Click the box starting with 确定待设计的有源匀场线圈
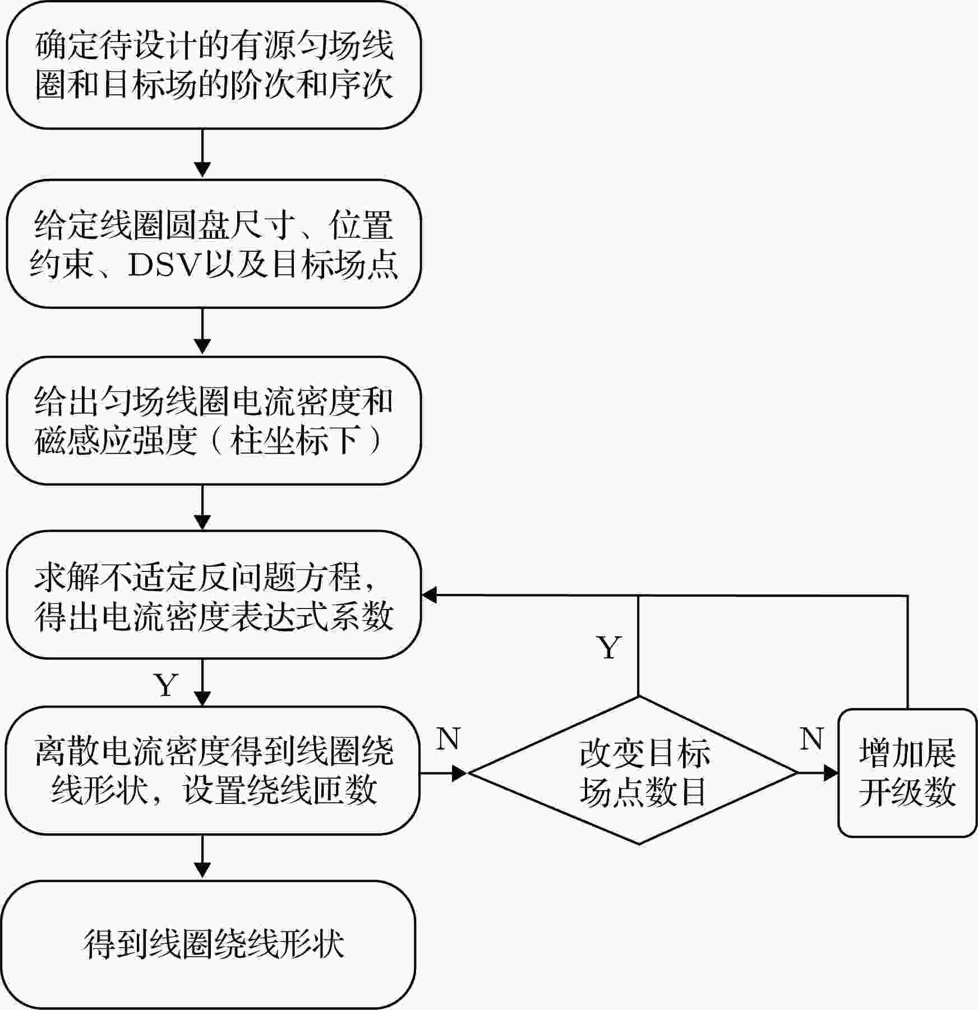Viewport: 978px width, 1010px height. pos(214,65)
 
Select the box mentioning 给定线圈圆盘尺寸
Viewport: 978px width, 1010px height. pos(214,244)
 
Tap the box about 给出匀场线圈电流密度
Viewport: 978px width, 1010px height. pos(214,421)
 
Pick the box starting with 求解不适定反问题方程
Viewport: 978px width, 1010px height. pos(214,595)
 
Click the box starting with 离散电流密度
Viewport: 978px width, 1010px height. pos(213,771)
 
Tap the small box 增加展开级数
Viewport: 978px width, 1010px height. pos(907,773)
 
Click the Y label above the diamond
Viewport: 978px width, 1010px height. pos(609,648)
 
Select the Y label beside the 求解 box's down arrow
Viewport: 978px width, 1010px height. pos(166,685)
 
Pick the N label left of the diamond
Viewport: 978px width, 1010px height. pos(448,739)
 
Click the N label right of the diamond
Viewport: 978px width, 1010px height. pos(811,739)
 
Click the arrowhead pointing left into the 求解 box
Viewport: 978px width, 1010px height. pos(430,595)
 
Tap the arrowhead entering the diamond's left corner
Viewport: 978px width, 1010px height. pos(460,773)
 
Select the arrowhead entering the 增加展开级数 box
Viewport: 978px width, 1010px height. pos(831,773)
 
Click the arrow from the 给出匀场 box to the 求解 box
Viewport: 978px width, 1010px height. pos(202,508)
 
